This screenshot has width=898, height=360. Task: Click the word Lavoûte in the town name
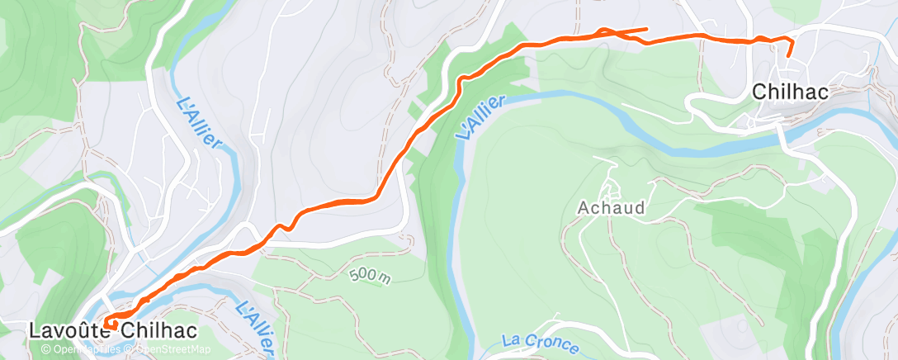pos(70,330)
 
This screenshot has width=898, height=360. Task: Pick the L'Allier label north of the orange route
pos(200,124)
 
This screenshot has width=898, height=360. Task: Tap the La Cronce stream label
pos(540,342)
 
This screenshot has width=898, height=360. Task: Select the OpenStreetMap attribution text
pos(172,349)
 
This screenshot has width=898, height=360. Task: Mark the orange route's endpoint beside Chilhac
pos(787,55)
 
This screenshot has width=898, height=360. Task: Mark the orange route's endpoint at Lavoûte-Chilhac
pos(107,321)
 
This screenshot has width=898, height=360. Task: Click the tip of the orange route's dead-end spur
pos(646,29)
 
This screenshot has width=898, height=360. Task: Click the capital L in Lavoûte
pos(35,330)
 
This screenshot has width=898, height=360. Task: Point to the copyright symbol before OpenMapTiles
pos(46,349)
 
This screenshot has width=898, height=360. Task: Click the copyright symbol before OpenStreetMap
pos(130,349)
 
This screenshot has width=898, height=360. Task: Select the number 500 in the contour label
pos(362,274)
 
